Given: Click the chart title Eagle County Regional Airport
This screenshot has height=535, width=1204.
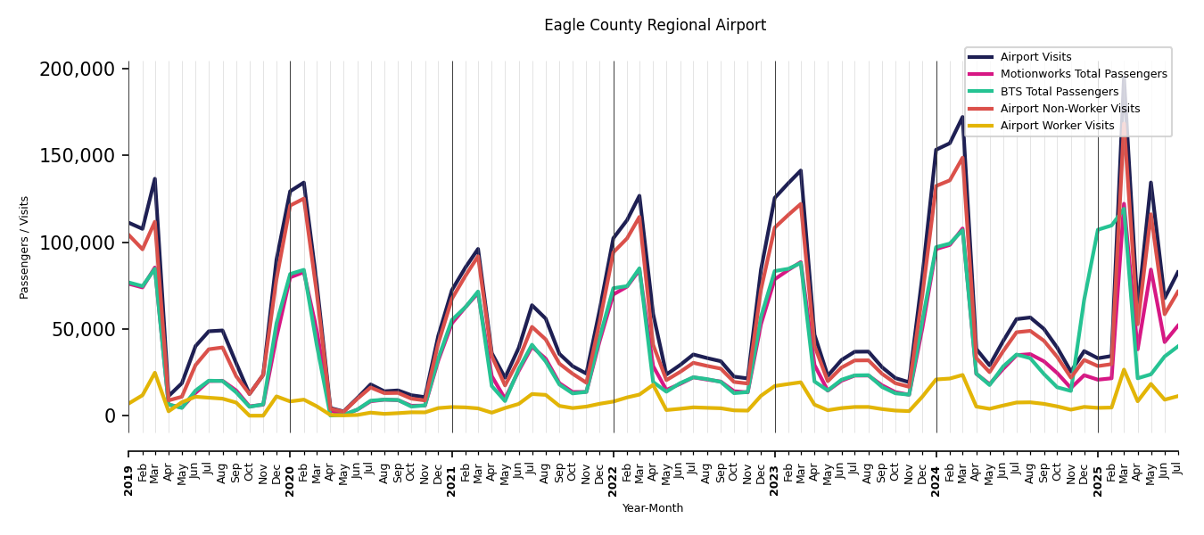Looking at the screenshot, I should (x=655, y=26).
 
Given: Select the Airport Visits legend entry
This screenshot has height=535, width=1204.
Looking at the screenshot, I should (x=1035, y=57).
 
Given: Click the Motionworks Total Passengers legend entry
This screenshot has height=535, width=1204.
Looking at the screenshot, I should (x=1083, y=74).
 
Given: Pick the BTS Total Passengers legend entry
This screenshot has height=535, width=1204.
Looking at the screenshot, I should (x=1059, y=92).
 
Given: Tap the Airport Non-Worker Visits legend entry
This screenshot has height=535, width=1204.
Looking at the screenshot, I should (x=1069, y=109).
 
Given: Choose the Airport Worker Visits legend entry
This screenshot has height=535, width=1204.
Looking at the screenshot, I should (x=1057, y=126).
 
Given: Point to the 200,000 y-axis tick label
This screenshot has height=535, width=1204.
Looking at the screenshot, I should (x=78, y=70).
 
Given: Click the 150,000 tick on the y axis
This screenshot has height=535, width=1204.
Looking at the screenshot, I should (x=78, y=156).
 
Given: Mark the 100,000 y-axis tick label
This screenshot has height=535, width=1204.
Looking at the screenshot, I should (x=78, y=243).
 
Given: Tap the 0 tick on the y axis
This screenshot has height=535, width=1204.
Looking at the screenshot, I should (x=110, y=416).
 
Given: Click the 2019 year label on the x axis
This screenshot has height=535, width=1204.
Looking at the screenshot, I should (x=128, y=480).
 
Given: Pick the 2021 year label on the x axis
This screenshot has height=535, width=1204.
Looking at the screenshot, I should (x=452, y=480).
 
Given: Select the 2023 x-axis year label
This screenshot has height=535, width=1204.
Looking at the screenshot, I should (x=775, y=480).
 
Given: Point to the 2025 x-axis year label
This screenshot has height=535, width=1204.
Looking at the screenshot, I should (x=1098, y=480).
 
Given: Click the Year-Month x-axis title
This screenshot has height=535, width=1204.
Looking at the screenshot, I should (x=653, y=508).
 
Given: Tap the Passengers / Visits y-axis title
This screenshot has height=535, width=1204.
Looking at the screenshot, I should (x=25, y=247).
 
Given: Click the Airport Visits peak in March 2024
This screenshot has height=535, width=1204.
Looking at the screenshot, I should (x=963, y=117).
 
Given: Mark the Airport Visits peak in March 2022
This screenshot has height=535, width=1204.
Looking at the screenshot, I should (x=639, y=196).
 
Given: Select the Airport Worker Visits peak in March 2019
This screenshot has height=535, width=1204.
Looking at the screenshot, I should (x=155, y=373).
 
